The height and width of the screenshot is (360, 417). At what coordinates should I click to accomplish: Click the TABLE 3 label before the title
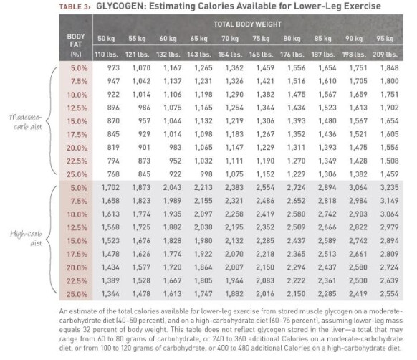coord(74,6)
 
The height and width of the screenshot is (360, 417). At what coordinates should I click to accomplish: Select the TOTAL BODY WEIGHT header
coord(247,24)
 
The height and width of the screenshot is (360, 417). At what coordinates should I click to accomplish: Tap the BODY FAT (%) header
coord(76,45)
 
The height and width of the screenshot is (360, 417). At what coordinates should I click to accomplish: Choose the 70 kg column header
coord(230,39)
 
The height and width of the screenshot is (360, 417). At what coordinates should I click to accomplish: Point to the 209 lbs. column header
coord(385,55)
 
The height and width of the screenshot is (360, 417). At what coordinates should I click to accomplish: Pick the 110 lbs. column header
coord(106,55)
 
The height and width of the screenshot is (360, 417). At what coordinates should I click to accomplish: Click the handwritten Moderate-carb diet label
coord(26,122)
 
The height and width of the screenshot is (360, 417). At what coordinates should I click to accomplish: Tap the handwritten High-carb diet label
coord(27,238)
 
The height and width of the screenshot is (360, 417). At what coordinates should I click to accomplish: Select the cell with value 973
coord(113,68)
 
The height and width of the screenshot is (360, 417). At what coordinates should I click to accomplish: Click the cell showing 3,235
coord(389,187)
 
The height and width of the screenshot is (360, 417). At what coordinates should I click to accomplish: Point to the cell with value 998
coord(206,174)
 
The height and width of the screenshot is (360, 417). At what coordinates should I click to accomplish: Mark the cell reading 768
coord(113,174)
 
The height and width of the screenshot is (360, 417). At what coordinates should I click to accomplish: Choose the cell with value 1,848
coord(389,68)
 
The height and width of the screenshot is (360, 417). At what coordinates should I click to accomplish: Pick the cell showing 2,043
coord(173,187)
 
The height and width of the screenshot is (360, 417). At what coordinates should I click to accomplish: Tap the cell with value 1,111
coord(234,161)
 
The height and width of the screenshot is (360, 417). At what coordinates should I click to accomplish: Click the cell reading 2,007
coord(234,267)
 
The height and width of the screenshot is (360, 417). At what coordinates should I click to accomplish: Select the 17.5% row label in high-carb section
coord(77,254)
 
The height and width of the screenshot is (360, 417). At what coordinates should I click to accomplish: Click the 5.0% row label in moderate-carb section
coord(79,68)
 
